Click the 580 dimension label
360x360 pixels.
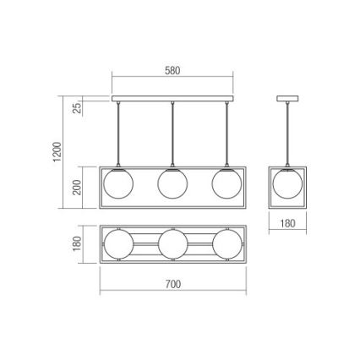click(172, 71)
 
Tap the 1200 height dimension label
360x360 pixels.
click(57, 152)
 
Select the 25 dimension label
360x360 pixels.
click(77, 108)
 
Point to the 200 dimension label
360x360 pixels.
click(77, 188)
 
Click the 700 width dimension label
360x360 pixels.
click(172, 284)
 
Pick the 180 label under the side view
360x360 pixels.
click(287, 223)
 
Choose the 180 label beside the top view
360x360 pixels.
click(77, 244)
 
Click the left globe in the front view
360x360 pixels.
click(118, 183)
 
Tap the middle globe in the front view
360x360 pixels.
click(172, 183)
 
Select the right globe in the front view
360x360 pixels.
click(226, 183)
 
